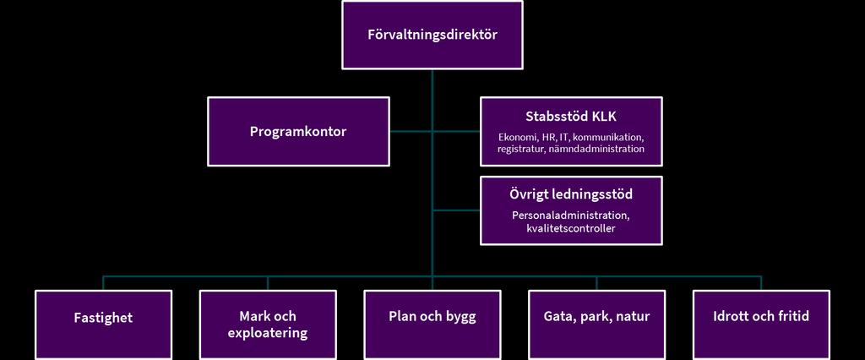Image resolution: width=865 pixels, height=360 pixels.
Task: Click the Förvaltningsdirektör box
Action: (432, 35)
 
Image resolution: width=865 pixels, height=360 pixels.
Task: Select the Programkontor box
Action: (298, 132)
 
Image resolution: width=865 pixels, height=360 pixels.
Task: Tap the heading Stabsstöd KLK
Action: (571, 117)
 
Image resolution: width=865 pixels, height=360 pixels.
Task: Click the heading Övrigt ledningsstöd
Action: (571, 195)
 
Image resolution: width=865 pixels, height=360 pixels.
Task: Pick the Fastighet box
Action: (103, 325)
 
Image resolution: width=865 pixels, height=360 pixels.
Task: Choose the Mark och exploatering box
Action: (268, 325)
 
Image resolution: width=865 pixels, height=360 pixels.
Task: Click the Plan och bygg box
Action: (432, 325)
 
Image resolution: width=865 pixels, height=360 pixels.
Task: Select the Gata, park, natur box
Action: (596, 325)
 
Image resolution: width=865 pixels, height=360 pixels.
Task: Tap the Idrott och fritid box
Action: (761, 325)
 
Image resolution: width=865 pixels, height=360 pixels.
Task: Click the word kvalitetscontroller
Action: (571, 227)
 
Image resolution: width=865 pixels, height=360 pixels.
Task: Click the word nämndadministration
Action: (597, 149)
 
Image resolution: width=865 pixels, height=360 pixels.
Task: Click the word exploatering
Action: (268, 333)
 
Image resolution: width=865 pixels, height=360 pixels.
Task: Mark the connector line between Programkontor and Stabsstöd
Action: (435, 132)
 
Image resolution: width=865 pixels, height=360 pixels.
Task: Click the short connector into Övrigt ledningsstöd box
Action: (456, 210)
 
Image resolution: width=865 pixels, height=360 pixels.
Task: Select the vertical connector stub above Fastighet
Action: (103, 283)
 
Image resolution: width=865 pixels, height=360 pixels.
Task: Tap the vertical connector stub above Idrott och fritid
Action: (761, 283)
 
